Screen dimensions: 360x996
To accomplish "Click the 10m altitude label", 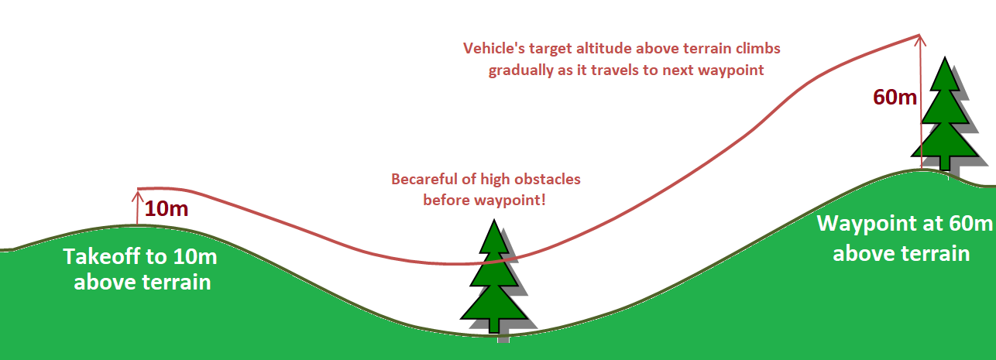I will pyautogui.click(x=167, y=208).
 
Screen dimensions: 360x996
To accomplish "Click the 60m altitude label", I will pyautogui.click(x=895, y=98).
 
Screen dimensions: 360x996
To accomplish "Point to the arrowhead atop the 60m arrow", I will pyautogui.click(x=919, y=37).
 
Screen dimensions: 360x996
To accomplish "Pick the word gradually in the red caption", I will pyautogui.click(x=520, y=70).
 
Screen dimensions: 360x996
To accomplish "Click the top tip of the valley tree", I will pyautogui.click(x=493, y=221).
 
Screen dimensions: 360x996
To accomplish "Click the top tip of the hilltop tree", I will pyautogui.click(x=944, y=59).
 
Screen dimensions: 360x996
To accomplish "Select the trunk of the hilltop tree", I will pyautogui.click(x=944, y=163).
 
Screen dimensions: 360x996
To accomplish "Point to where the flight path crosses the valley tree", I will pyautogui.click(x=494, y=261).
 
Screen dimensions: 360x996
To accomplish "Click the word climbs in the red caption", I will pyautogui.click(x=757, y=48).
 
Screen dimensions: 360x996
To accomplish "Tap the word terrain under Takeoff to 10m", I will pyautogui.click(x=180, y=282).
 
